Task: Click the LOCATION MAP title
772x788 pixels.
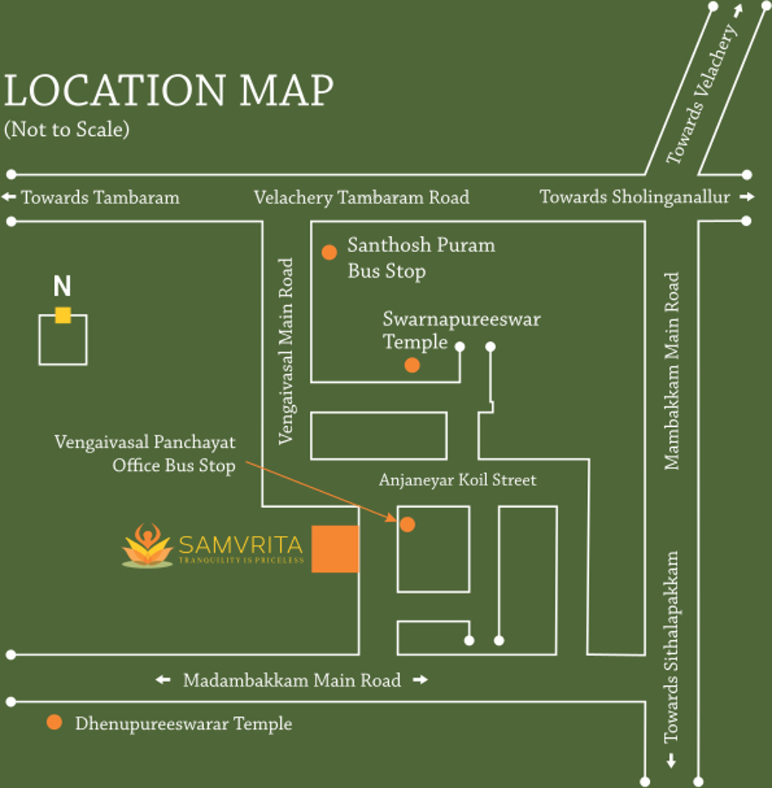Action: click(169, 91)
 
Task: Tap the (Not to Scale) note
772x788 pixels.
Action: click(67, 129)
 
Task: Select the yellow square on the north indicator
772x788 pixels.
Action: click(63, 315)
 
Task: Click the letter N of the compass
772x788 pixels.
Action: click(62, 286)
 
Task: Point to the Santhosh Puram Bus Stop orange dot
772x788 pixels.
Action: click(329, 252)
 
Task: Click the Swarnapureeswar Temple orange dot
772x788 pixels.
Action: click(412, 365)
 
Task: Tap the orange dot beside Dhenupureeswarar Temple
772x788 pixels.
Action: click(54, 722)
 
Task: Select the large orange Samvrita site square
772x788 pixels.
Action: click(335, 549)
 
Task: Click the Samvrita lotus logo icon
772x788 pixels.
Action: click(147, 546)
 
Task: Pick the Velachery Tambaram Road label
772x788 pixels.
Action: click(362, 198)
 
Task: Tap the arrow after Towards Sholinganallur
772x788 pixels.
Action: click(746, 197)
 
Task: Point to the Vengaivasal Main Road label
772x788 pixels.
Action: click(286, 351)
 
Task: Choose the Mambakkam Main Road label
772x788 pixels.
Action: click(672, 371)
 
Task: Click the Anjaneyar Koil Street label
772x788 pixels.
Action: click(458, 480)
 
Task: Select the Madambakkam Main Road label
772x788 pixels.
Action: click(292, 680)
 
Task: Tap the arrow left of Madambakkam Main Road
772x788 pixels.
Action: click(163, 680)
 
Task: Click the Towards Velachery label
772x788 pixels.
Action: click(702, 95)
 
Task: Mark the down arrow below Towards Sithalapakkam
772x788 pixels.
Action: click(671, 760)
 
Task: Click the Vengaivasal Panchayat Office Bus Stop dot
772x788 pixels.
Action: click(407, 524)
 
